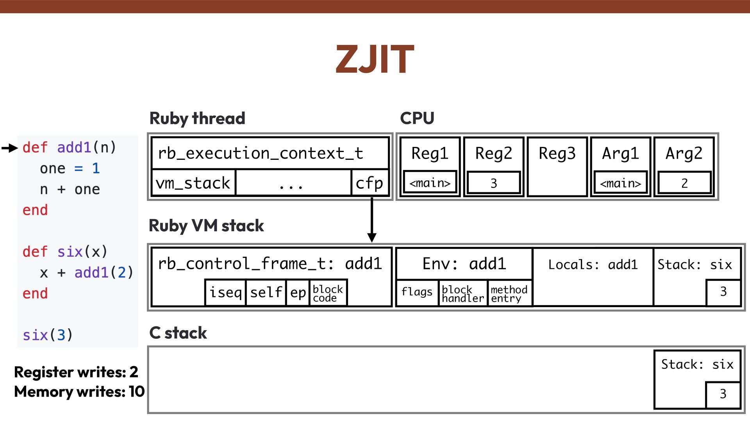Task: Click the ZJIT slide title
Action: pos(374,59)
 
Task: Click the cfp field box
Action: pos(370,183)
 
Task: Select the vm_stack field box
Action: pos(193,183)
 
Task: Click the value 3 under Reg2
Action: pos(494,183)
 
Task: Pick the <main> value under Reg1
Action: pos(430,183)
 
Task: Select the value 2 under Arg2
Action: pos(684,183)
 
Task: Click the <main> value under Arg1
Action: pos(620,183)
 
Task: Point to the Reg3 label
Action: pos(557,153)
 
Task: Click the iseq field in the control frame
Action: pos(225,292)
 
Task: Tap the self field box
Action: pos(266,292)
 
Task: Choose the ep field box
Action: pos(298,292)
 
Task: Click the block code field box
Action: pos(328,293)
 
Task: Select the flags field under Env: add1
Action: pos(417,292)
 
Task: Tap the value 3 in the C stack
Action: pos(723,394)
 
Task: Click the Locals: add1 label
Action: pos(593,265)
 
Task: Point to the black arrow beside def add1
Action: pos(10,148)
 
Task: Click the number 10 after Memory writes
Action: pos(137,392)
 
